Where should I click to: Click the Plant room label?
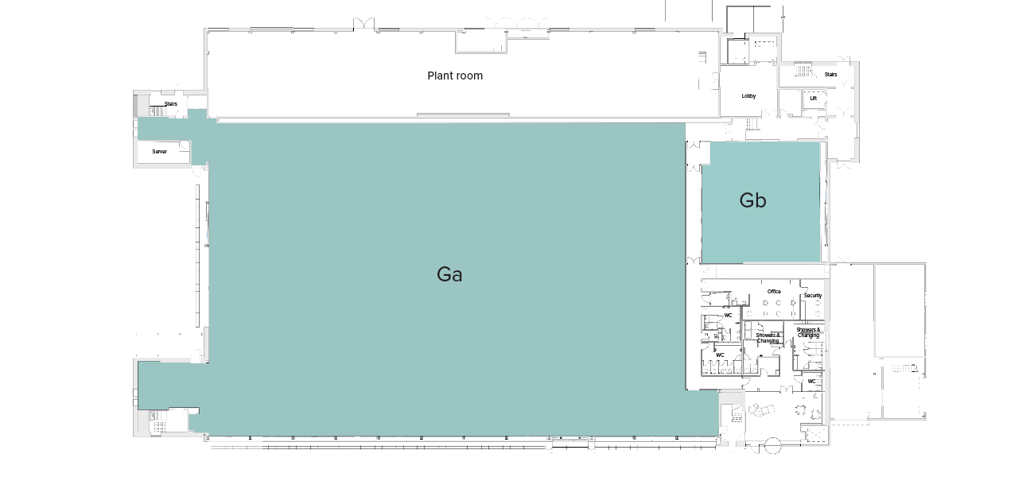455,76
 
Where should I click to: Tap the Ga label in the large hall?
449,274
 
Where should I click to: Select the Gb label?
752,200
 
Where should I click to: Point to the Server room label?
160,151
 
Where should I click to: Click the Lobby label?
748,96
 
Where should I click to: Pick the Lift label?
813,99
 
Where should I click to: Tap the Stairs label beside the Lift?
830,75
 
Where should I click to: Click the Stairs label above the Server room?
171,104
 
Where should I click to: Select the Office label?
774,292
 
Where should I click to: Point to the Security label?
812,296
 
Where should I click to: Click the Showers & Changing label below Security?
808,332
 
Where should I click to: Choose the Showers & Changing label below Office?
768,338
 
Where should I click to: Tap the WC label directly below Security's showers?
811,382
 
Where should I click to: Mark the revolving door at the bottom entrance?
772,447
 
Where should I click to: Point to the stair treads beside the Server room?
156,111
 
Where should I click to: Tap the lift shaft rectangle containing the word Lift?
813,99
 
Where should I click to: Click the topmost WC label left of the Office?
727,316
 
